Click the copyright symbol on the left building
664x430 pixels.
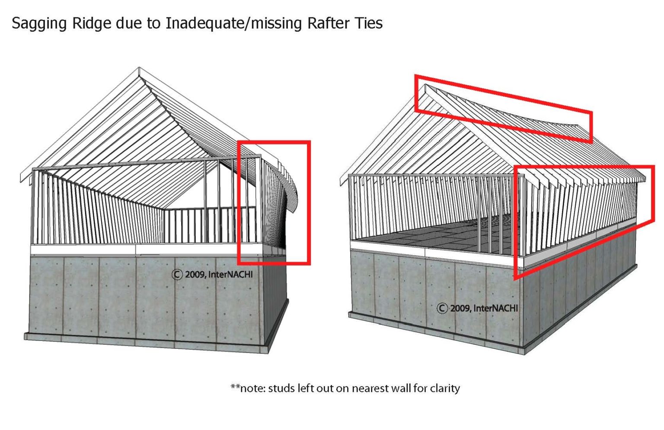[177, 274]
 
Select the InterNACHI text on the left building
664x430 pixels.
[230, 274]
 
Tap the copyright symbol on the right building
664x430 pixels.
[442, 308]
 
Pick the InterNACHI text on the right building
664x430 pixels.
[495, 308]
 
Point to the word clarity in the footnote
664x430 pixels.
[445, 388]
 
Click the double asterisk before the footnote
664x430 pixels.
[235, 386]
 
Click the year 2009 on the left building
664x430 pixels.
[195, 274]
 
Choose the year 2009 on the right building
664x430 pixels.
[460, 308]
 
